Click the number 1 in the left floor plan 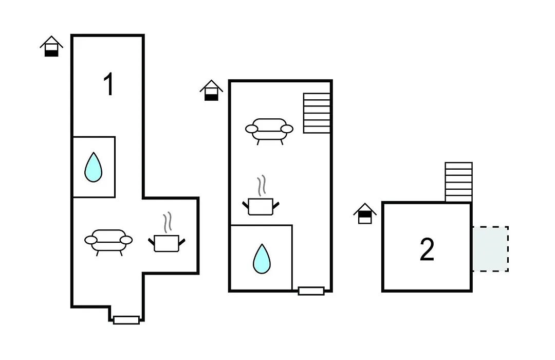pos(108,84)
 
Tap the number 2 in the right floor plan pos(427,249)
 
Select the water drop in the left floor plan pos(94,167)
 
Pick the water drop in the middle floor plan pos(262,259)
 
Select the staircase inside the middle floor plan pos(317,113)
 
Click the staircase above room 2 pos(459,182)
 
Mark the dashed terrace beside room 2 pos(491,249)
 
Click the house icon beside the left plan pos(52,46)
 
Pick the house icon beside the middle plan pos(211,91)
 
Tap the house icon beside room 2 pos(365,213)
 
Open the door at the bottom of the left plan pos(126,320)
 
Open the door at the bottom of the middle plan pos(311,291)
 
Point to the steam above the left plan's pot pos(168,222)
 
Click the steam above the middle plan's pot pos(262,186)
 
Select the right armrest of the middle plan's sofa pos(287,129)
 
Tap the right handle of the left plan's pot pos(182,242)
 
